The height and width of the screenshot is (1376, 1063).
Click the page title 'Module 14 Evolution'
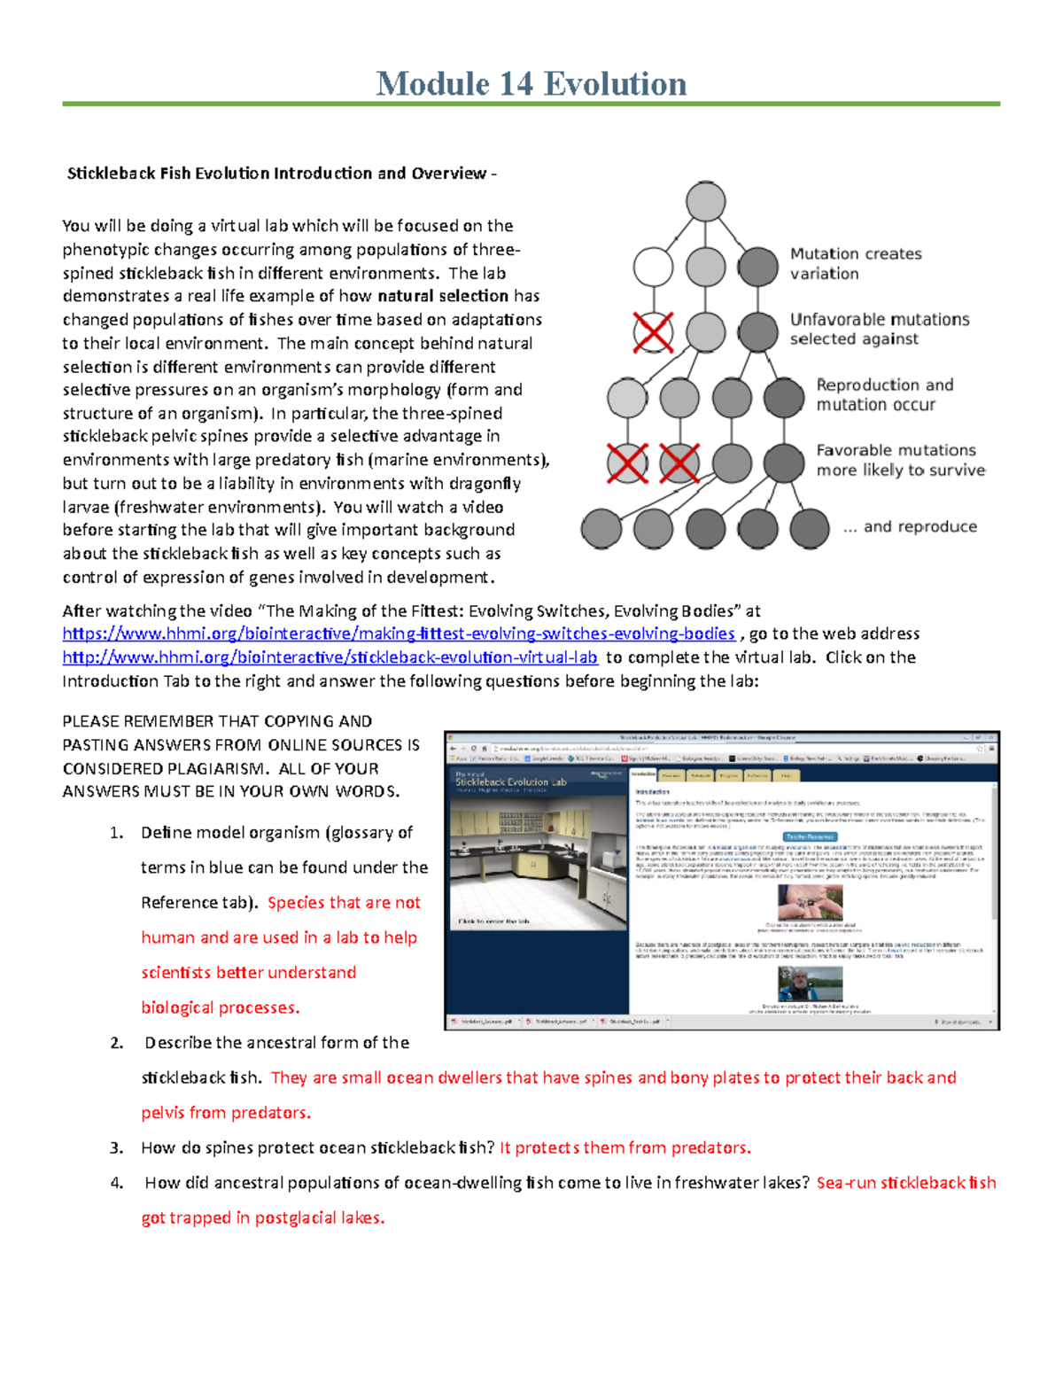point(531,84)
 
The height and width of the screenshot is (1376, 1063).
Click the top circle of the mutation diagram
point(705,202)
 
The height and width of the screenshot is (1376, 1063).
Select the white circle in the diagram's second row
point(654,267)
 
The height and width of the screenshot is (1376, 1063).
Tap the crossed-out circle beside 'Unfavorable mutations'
point(654,333)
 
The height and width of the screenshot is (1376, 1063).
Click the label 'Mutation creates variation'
point(855,264)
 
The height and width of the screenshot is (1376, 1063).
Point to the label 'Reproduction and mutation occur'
point(884,394)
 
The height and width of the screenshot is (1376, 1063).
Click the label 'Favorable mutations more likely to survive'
point(899,460)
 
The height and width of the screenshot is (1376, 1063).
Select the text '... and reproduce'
point(910,526)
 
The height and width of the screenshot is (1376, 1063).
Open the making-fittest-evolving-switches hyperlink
point(399,634)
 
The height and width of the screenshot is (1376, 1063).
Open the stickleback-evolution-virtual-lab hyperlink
point(330,657)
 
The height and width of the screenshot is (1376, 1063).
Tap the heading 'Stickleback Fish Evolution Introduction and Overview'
point(276,174)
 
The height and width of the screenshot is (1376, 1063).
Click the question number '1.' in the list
point(116,833)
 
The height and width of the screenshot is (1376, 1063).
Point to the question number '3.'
point(116,1148)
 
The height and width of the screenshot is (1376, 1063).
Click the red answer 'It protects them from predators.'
point(625,1148)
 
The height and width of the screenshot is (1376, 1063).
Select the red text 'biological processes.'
point(220,1007)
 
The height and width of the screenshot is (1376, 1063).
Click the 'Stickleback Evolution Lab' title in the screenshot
point(510,782)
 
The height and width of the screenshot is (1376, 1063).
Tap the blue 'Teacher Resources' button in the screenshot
point(810,836)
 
